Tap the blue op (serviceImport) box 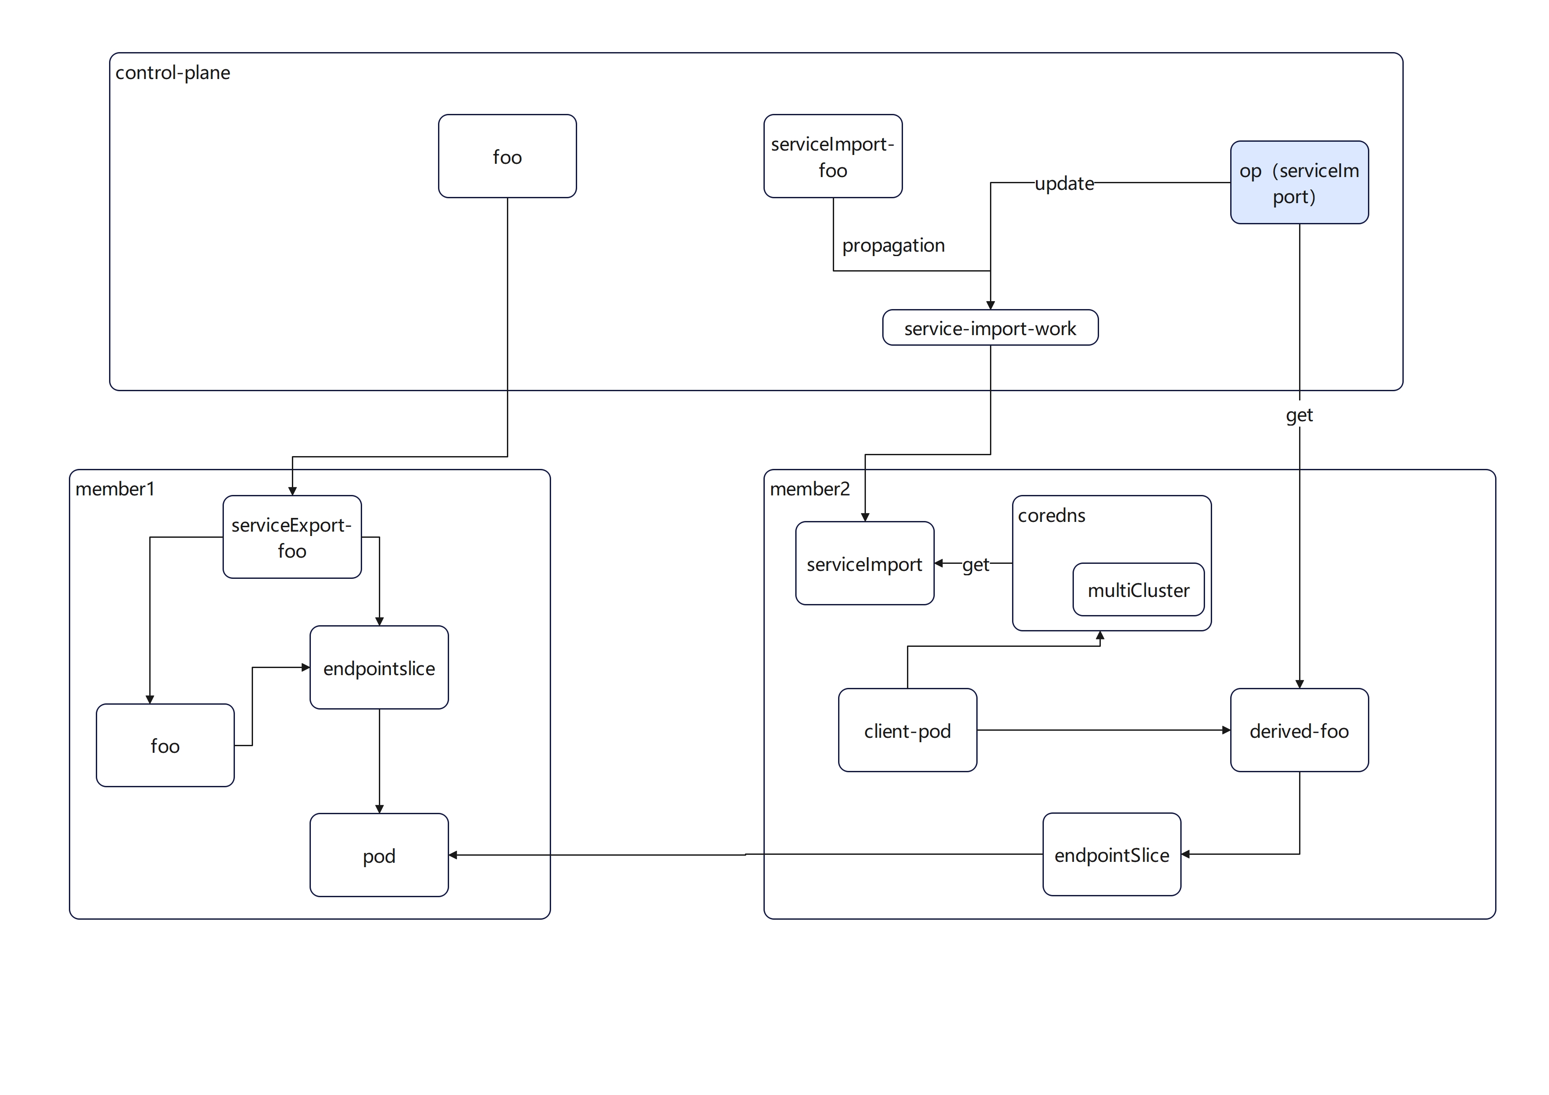point(1299,182)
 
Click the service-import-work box point(990,328)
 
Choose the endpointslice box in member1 point(379,668)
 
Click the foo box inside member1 point(165,745)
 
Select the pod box point(379,856)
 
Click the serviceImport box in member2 point(864,564)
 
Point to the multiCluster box point(1138,590)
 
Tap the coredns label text point(1051,515)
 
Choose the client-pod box point(907,731)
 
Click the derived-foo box point(1299,731)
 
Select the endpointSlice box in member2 point(1111,855)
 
